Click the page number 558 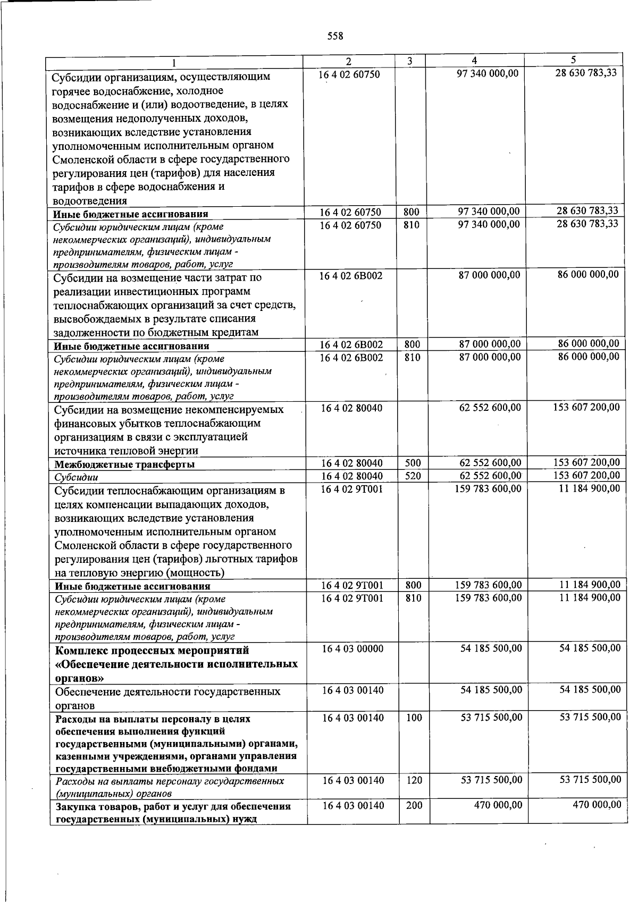coord(335,36)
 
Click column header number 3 coord(409,61)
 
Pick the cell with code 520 coord(413,476)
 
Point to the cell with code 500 coord(413,463)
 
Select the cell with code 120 coord(414,780)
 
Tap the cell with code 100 coord(414,718)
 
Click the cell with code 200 coord(414,805)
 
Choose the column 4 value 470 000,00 coord(498,805)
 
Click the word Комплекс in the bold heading coord(80,651)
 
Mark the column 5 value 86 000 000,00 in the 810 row coord(589,357)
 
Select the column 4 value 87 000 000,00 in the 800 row coord(490,344)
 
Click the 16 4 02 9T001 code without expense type coord(351,489)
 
